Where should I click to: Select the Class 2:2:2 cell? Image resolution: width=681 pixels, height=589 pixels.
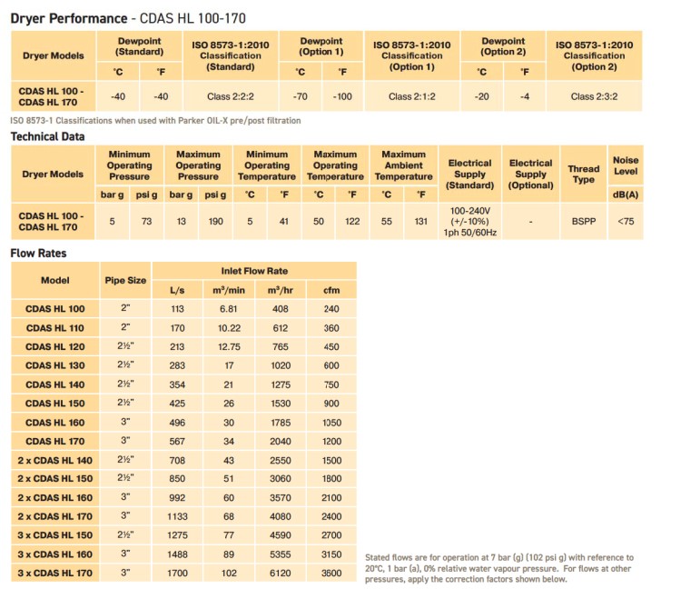(231, 95)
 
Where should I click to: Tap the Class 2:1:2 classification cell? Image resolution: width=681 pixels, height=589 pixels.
(412, 95)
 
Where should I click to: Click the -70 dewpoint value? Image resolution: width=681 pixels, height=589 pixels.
(301, 95)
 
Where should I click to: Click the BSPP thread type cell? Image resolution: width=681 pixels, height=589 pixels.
(583, 220)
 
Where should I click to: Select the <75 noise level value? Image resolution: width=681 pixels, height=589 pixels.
(625, 220)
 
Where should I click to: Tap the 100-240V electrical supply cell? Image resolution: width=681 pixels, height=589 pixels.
(469, 220)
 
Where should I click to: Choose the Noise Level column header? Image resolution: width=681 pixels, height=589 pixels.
(625, 165)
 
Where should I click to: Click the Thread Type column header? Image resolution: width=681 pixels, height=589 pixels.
(583, 174)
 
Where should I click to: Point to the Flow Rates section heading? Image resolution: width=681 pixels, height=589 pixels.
(38, 253)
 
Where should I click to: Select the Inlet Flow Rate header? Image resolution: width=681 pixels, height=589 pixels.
(254, 271)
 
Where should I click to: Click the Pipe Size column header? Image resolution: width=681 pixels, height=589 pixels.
(125, 280)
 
